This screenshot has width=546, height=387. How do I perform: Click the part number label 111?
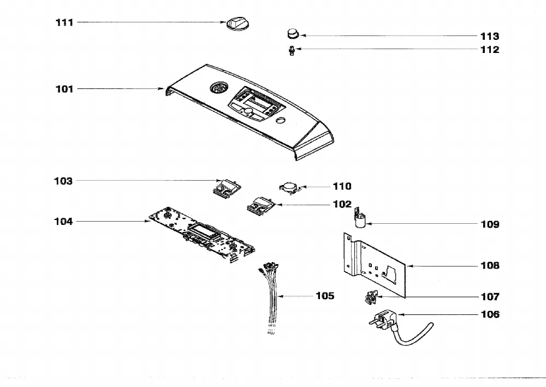tap(64, 22)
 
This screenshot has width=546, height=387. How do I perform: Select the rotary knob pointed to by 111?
tap(238, 24)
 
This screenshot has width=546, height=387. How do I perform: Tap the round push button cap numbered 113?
tap(293, 34)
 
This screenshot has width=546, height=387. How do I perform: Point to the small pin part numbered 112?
tap(292, 51)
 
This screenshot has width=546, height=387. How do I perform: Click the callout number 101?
tap(64, 89)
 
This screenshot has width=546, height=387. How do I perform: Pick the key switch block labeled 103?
tap(227, 188)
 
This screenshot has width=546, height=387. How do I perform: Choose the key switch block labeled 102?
tap(261, 205)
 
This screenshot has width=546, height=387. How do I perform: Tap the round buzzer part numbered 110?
tap(290, 188)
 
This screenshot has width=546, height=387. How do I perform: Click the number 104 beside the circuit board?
tap(63, 222)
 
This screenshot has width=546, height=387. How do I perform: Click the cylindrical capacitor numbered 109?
tap(360, 218)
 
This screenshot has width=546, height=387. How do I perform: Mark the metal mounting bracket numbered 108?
tap(375, 265)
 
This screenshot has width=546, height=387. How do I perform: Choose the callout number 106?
tap(490, 314)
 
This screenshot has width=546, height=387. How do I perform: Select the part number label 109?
tap(490, 224)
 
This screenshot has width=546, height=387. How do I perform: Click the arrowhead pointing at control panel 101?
tap(161, 89)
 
